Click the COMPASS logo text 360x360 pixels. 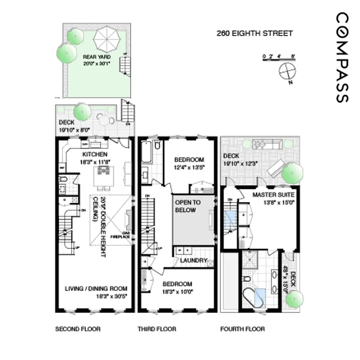[x=342, y=57]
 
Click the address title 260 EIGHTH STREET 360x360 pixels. [x=255, y=33]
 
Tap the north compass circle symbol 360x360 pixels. [x=286, y=71]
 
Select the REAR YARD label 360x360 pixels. [x=96, y=57]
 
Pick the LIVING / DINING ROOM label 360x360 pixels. [x=96, y=288]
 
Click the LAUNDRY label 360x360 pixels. [x=193, y=261]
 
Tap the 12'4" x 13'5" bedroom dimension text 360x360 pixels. [x=189, y=167]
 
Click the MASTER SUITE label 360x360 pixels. [x=274, y=195]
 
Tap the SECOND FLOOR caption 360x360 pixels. [x=78, y=329]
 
